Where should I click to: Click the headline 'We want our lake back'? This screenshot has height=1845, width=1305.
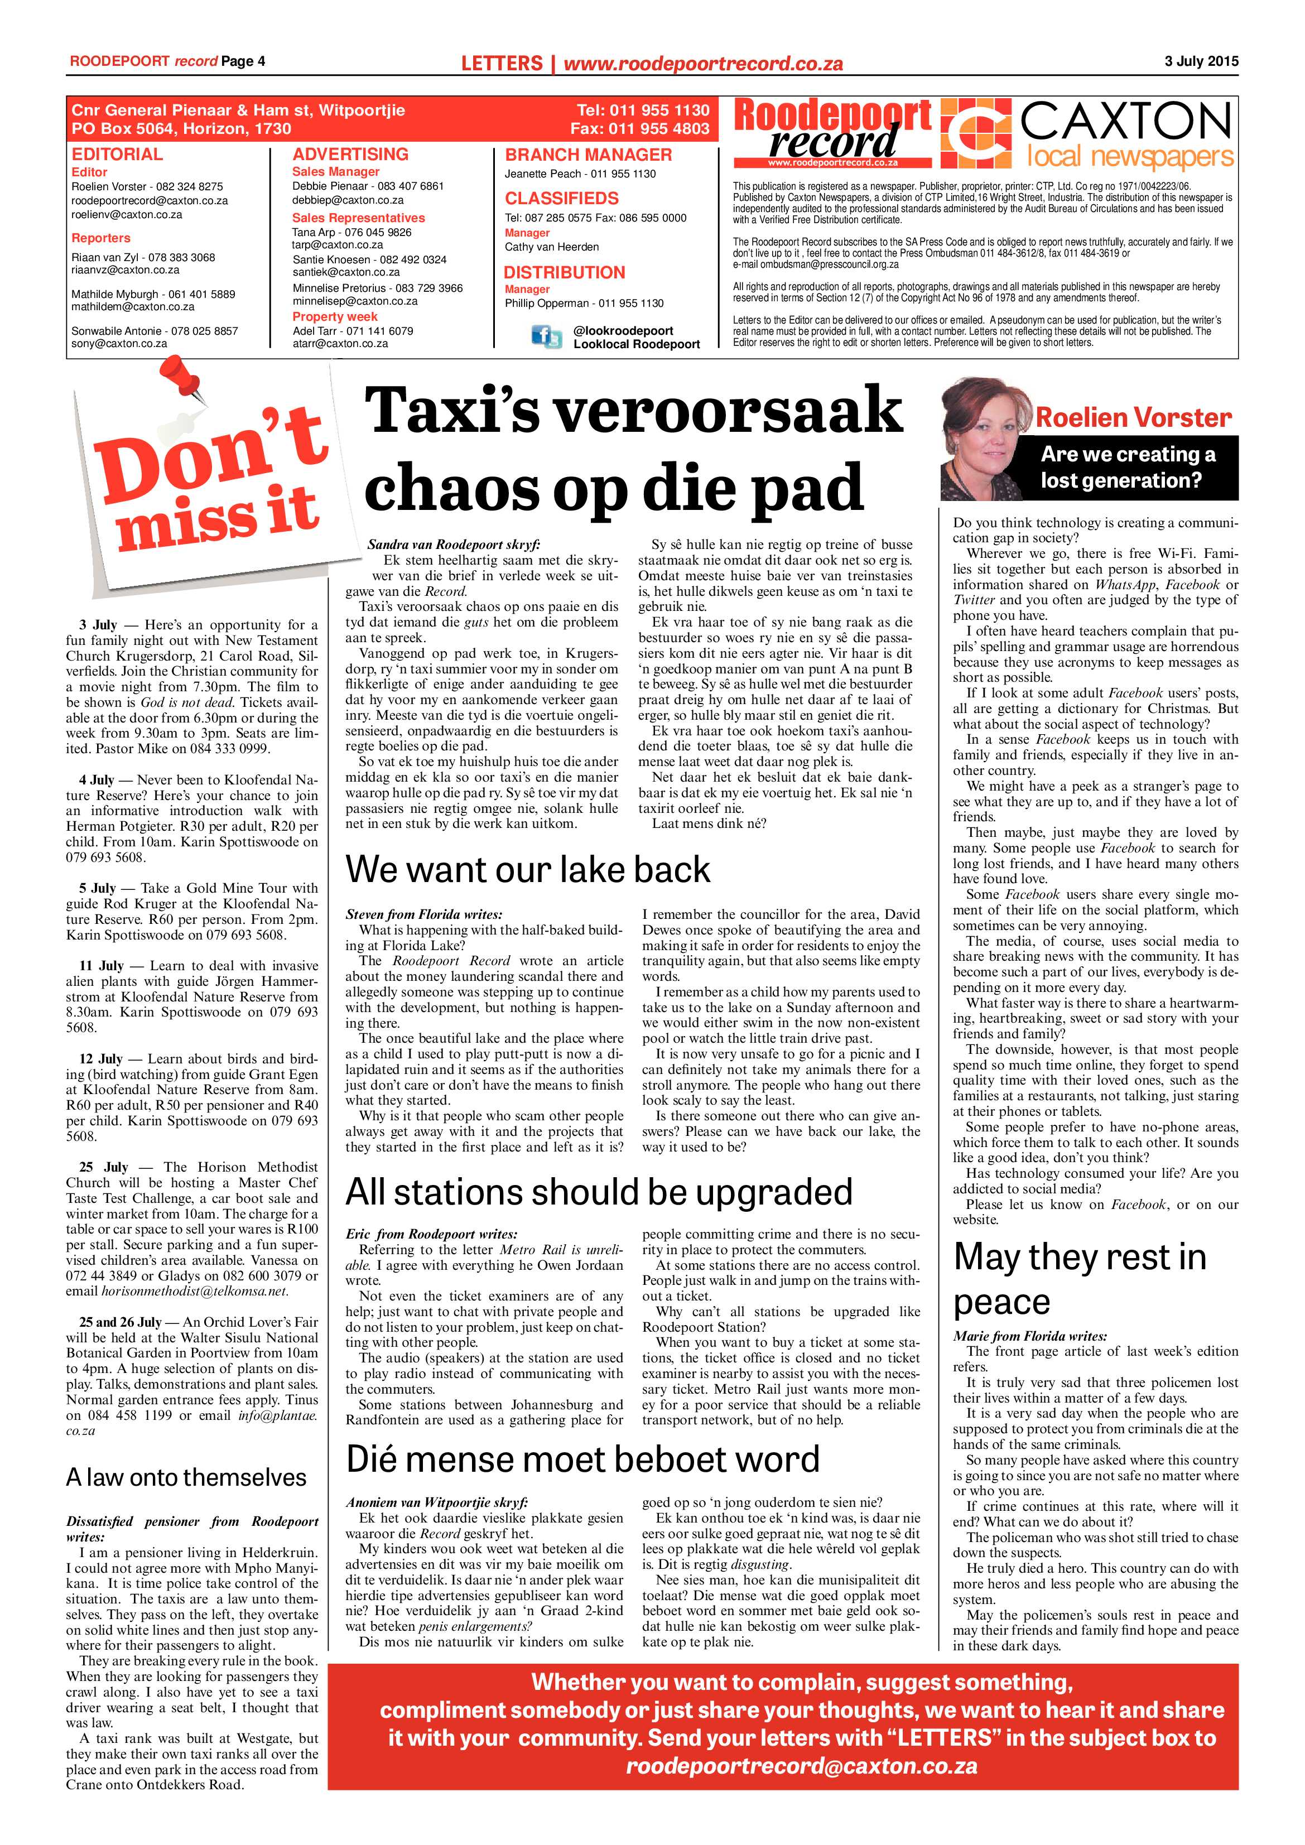528,869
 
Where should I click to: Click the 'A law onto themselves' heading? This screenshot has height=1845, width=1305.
186,1477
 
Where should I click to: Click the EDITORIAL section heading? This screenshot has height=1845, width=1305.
117,155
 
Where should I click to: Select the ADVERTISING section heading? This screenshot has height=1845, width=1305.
350,155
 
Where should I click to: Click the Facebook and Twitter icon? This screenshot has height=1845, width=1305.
546,336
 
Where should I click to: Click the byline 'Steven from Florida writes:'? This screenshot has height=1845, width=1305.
423,914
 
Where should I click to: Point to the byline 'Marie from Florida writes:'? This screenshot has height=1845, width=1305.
1029,1336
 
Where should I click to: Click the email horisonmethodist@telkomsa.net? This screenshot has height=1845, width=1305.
194,1292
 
